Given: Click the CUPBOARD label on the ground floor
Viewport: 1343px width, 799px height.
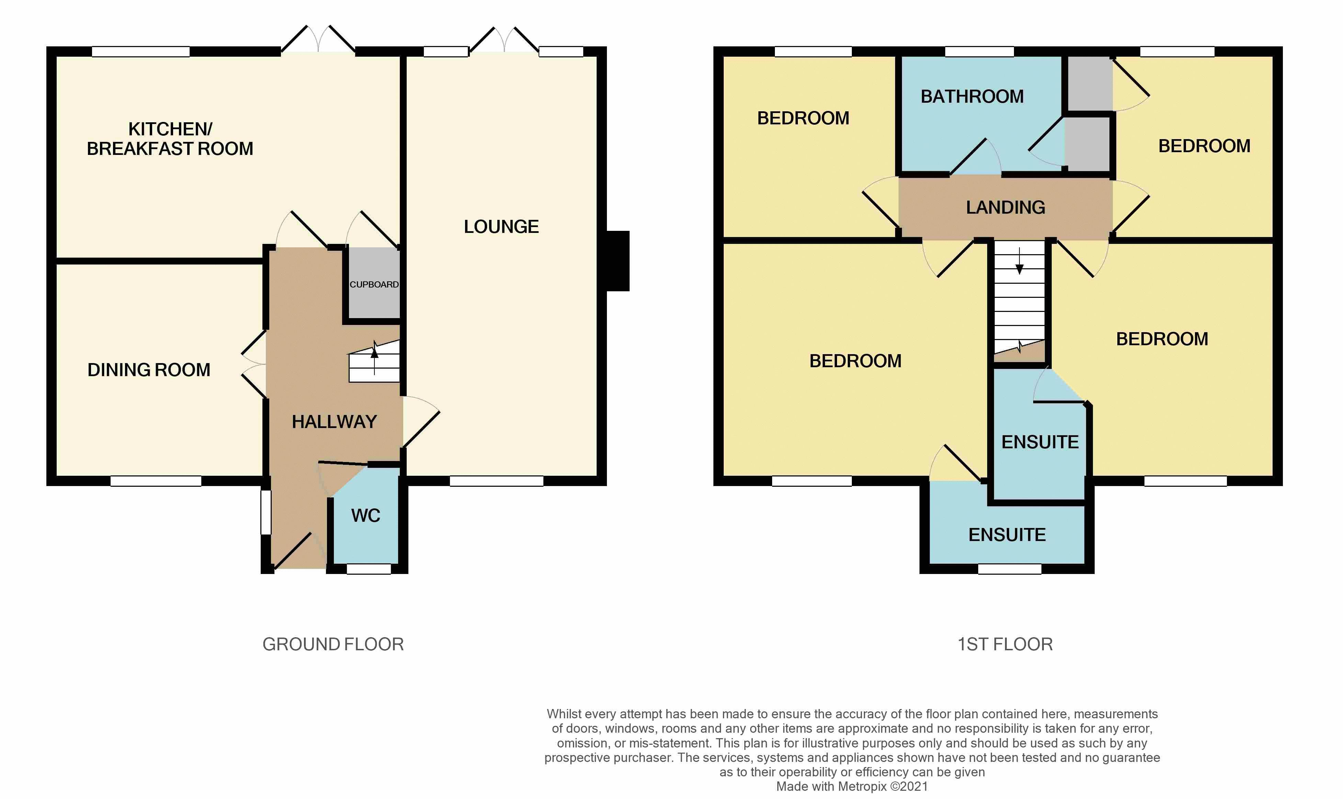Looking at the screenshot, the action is coord(374,284).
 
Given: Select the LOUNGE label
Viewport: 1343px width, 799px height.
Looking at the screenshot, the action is coord(501,227).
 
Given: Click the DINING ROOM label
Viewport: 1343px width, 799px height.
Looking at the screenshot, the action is coord(149,370).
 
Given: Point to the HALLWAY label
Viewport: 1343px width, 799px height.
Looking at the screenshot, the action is coord(334,421).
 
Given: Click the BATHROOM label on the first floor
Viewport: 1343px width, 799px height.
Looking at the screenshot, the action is coord(972,97).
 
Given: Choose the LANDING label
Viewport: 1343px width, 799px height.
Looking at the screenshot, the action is coord(1005,207).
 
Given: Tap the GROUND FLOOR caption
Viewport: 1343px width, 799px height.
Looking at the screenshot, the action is coord(333,644).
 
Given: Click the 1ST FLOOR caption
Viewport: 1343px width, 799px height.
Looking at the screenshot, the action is coord(1005,644).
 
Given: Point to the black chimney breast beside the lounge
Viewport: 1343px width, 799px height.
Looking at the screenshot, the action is coord(618,261).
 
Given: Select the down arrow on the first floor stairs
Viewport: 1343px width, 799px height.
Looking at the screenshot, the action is coord(1019,261).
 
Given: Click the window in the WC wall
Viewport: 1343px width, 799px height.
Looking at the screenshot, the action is coord(369,569).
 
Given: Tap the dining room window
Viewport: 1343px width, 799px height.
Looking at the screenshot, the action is coord(156,481).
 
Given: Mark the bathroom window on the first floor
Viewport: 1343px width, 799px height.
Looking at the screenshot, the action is coord(979,52).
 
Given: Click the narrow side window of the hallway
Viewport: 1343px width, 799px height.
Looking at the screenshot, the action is coord(266,512).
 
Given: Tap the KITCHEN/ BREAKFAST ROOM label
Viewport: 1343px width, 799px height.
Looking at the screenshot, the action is coord(170,139).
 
